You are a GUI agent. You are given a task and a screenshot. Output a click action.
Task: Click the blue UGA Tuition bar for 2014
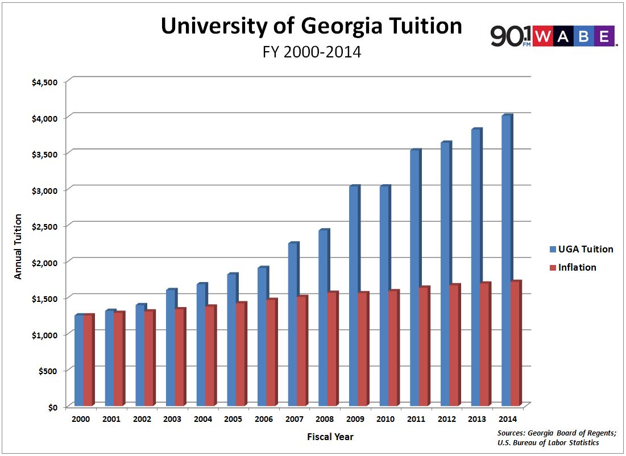point(506,262)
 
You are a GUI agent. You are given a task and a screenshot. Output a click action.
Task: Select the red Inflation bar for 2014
point(515,344)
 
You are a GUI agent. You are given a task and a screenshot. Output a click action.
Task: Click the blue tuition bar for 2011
point(414,279)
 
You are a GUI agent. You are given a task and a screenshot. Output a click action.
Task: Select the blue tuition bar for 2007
point(293,324)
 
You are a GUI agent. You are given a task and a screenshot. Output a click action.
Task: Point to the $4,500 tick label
point(45,82)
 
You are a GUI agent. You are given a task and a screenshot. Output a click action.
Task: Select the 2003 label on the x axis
point(172,419)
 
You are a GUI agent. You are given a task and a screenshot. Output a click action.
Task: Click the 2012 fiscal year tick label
point(446,419)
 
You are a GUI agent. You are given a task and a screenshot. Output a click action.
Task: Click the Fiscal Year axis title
point(330,437)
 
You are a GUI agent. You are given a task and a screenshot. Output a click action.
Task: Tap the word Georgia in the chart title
point(335,27)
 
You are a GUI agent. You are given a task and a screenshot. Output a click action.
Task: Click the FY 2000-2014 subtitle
point(312,52)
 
